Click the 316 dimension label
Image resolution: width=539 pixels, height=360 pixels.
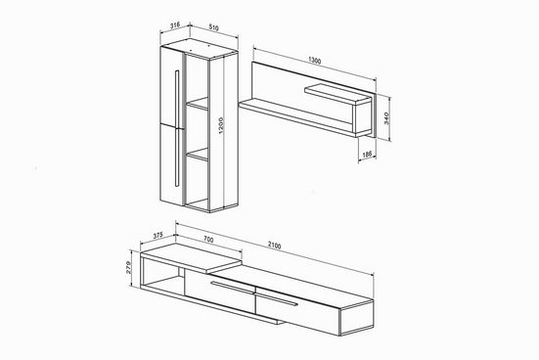pyautogui.click(x=175, y=24)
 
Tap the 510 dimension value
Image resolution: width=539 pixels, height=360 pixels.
pyautogui.click(x=213, y=27)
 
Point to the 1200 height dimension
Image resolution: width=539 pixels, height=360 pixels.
pyautogui.click(x=221, y=125)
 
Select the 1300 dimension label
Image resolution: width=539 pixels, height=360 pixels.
pyautogui.click(x=314, y=61)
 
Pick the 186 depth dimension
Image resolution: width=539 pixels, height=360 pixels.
pyautogui.click(x=367, y=155)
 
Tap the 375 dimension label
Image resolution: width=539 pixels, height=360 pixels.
pyautogui.click(x=157, y=236)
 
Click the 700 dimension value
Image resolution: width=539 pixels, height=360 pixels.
pyautogui.click(x=208, y=239)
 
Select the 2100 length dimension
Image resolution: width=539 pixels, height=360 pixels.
pyautogui.click(x=274, y=246)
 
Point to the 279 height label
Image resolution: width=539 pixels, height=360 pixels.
pyautogui.click(x=129, y=267)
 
